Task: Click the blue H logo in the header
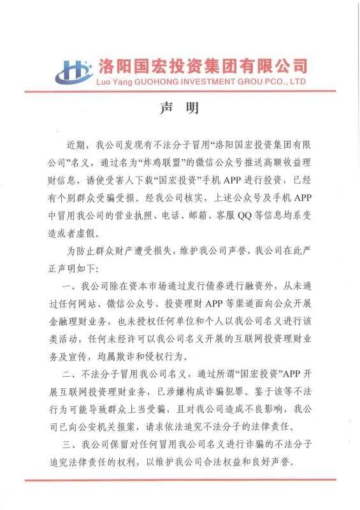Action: pyautogui.click(x=75, y=71)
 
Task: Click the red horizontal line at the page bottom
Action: pyautogui.click(x=180, y=479)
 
